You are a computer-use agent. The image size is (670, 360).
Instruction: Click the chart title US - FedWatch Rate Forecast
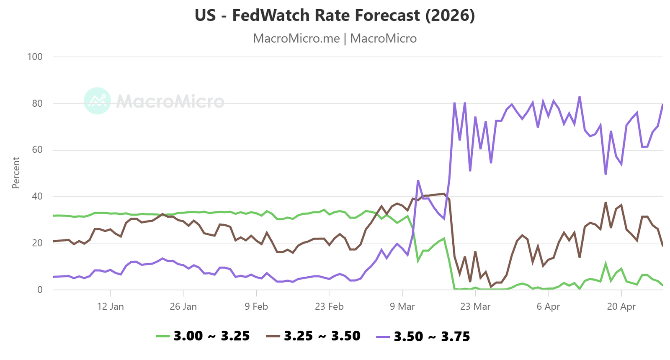coord(335,15)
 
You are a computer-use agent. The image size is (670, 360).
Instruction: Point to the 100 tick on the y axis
coord(35,57)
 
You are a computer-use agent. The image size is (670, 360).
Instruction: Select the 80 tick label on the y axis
coord(37,103)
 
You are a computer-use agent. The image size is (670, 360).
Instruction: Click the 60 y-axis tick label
coord(37,150)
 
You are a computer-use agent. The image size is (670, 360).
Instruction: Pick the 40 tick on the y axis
coord(37,196)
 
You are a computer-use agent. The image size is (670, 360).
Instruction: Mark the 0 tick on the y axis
coord(40,290)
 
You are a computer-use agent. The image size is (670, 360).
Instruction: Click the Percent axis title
coord(16,173)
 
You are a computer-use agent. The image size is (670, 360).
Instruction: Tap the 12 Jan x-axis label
coord(111,306)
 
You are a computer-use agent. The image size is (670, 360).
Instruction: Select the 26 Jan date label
coord(183,306)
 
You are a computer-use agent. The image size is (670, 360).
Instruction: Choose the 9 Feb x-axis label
coord(256,306)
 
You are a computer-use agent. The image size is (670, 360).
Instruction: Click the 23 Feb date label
coord(329,306)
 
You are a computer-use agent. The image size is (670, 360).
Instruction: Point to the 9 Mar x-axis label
coord(402,306)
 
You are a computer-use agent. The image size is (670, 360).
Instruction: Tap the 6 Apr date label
coord(548,306)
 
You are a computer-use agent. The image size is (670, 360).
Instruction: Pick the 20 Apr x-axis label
coord(621,306)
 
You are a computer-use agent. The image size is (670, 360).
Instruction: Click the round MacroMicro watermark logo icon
coord(97,101)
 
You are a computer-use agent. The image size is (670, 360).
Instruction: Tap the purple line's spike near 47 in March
coord(418,181)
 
